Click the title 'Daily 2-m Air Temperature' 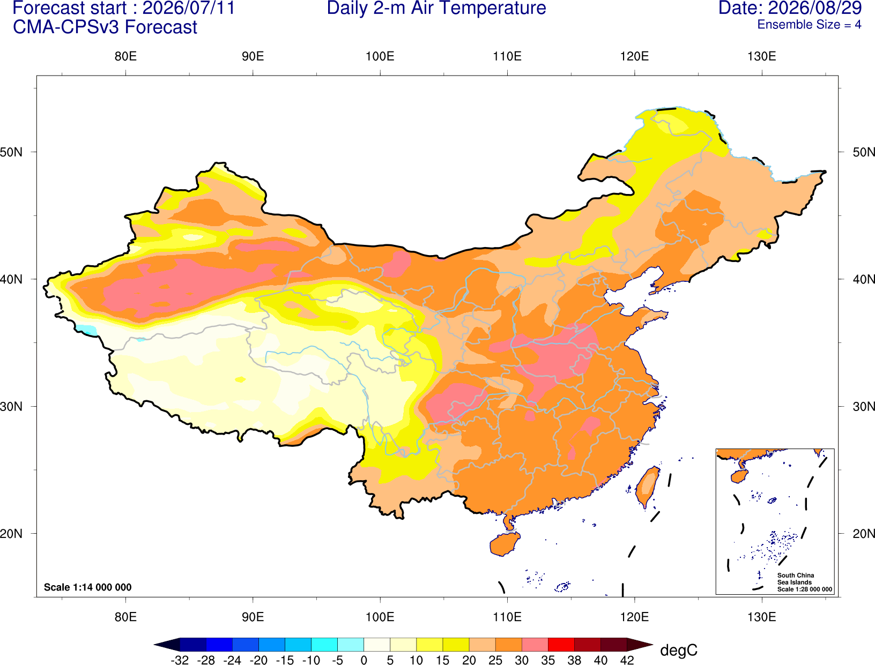click(436, 8)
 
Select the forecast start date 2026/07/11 click(189, 8)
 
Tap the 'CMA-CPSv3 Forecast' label click(105, 27)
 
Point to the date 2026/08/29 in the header click(815, 8)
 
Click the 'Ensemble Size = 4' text click(809, 25)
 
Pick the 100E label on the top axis click(380, 56)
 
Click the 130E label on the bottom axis click(762, 617)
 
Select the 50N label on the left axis click(11, 152)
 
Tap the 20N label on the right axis click(863, 534)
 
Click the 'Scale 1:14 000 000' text click(88, 587)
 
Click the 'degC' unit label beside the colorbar click(678, 650)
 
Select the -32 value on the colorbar click(180, 660)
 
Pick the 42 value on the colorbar click(627, 660)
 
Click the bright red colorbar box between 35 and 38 click(561, 644)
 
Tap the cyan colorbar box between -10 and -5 click(324, 644)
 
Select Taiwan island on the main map click(647, 487)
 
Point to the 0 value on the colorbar click(364, 660)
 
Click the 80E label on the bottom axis click(125, 617)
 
